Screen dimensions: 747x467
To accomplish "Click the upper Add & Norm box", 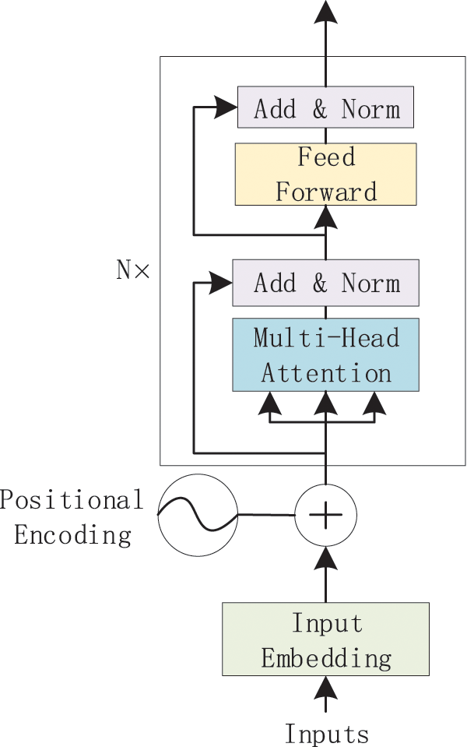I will (x=325, y=109).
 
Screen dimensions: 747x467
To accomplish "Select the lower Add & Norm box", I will (x=325, y=284).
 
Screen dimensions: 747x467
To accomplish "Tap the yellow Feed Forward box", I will (x=325, y=174).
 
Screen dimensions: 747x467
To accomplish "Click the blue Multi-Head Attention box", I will (x=325, y=354).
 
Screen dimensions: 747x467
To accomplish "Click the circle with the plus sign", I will (x=325, y=515).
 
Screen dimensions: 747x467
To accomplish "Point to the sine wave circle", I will (x=197, y=515).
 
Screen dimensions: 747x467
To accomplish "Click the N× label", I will (x=132, y=270).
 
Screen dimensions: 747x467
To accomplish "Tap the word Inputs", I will (x=326, y=733).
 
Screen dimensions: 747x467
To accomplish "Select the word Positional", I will (x=72, y=499).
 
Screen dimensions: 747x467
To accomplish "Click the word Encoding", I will (x=72, y=534).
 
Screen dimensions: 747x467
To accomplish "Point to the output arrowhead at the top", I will (x=325, y=11).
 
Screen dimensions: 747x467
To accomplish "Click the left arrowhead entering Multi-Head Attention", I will (x=270, y=403).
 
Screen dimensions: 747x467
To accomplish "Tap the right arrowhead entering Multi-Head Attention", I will (x=375, y=403).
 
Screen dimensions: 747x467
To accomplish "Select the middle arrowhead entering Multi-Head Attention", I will (x=325, y=403).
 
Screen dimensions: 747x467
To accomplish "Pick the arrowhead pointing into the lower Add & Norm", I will (x=221, y=284).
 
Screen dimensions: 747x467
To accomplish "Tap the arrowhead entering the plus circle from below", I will (x=325, y=556).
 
